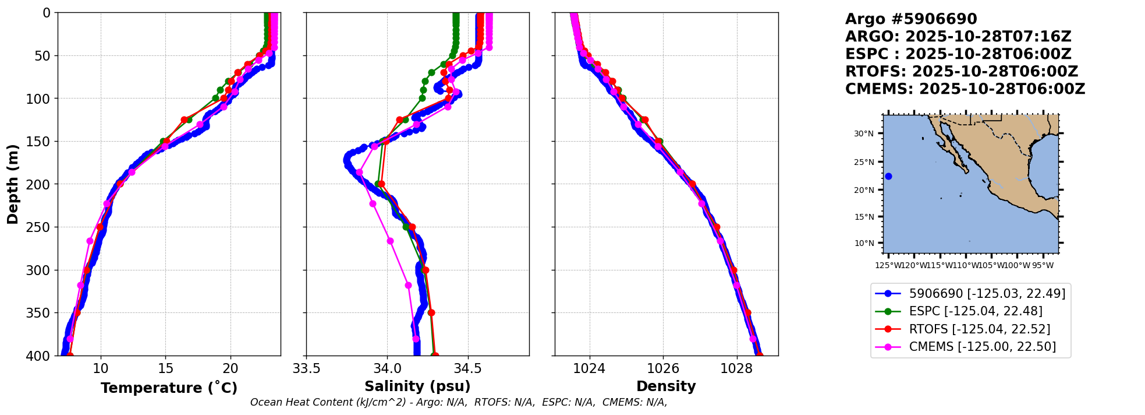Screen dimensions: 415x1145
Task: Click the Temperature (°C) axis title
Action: click(169, 388)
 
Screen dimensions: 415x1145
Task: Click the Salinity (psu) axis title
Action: click(417, 386)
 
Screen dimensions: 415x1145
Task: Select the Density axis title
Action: click(666, 386)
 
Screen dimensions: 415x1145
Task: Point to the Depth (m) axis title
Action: click(13, 184)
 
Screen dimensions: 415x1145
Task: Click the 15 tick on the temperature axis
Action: click(165, 368)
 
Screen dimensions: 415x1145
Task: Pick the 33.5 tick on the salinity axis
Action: click(306, 368)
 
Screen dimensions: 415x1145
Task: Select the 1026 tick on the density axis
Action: click(663, 368)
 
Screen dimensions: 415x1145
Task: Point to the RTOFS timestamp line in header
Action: click(962, 72)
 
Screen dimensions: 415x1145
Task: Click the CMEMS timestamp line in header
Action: click(965, 89)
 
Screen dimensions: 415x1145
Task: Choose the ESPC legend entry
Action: click(976, 311)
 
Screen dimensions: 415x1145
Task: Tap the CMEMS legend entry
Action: click(982, 347)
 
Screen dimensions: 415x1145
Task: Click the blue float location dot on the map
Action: click(888, 176)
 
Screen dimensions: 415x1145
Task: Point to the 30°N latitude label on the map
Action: click(864, 133)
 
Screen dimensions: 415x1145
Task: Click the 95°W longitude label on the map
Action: click(1043, 266)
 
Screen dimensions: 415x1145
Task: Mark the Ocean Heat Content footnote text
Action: click(459, 402)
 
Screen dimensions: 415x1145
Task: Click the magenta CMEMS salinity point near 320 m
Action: click(408, 286)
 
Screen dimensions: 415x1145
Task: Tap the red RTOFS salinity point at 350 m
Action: click(431, 313)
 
